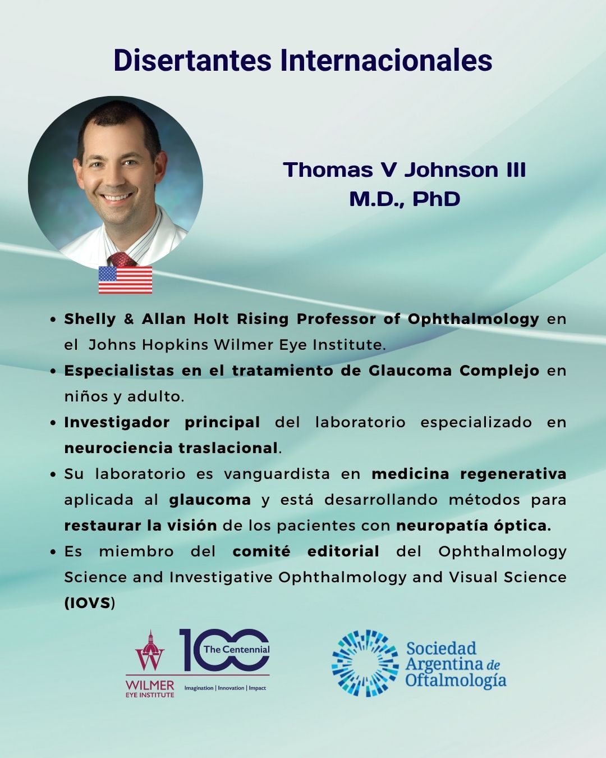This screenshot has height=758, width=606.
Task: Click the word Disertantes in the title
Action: click(192, 60)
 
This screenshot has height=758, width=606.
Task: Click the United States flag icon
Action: click(125, 280)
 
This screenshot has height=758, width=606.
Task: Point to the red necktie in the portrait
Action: click(122, 259)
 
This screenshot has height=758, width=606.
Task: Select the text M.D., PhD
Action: click(405, 199)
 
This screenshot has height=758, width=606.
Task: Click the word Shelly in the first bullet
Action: click(90, 319)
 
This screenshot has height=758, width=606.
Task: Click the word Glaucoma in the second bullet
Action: click(411, 371)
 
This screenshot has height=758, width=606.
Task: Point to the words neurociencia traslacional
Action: click(171, 448)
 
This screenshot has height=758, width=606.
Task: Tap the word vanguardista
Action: click(277, 474)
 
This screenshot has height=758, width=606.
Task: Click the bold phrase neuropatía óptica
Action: click(474, 526)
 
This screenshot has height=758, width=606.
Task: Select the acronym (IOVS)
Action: click(89, 604)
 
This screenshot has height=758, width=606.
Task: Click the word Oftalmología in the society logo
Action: click(456, 680)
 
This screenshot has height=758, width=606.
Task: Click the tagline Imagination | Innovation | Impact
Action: click(226, 688)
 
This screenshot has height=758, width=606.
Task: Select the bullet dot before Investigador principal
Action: click(53, 423)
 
